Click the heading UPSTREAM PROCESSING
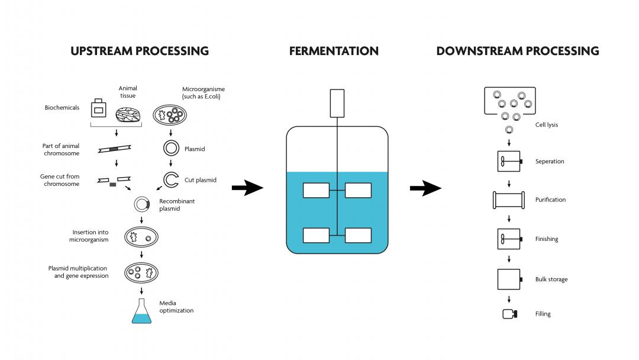coord(140,51)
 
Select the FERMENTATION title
coord(334,51)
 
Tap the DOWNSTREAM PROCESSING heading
coord(518,51)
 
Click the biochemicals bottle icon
coord(98,109)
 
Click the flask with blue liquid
coord(141,311)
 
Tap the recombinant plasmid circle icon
coord(141,204)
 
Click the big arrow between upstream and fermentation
coord(247,189)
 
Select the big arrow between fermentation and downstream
coord(425,189)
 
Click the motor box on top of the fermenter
coord(336,102)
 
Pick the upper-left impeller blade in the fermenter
coord(316,190)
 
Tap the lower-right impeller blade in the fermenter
coord(358,235)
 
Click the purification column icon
coord(509,200)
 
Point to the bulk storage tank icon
coord(509,279)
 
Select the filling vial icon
coord(509,314)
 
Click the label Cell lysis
coord(546,125)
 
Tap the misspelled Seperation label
coord(550,162)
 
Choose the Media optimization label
coord(176,307)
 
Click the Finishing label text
coord(547,239)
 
